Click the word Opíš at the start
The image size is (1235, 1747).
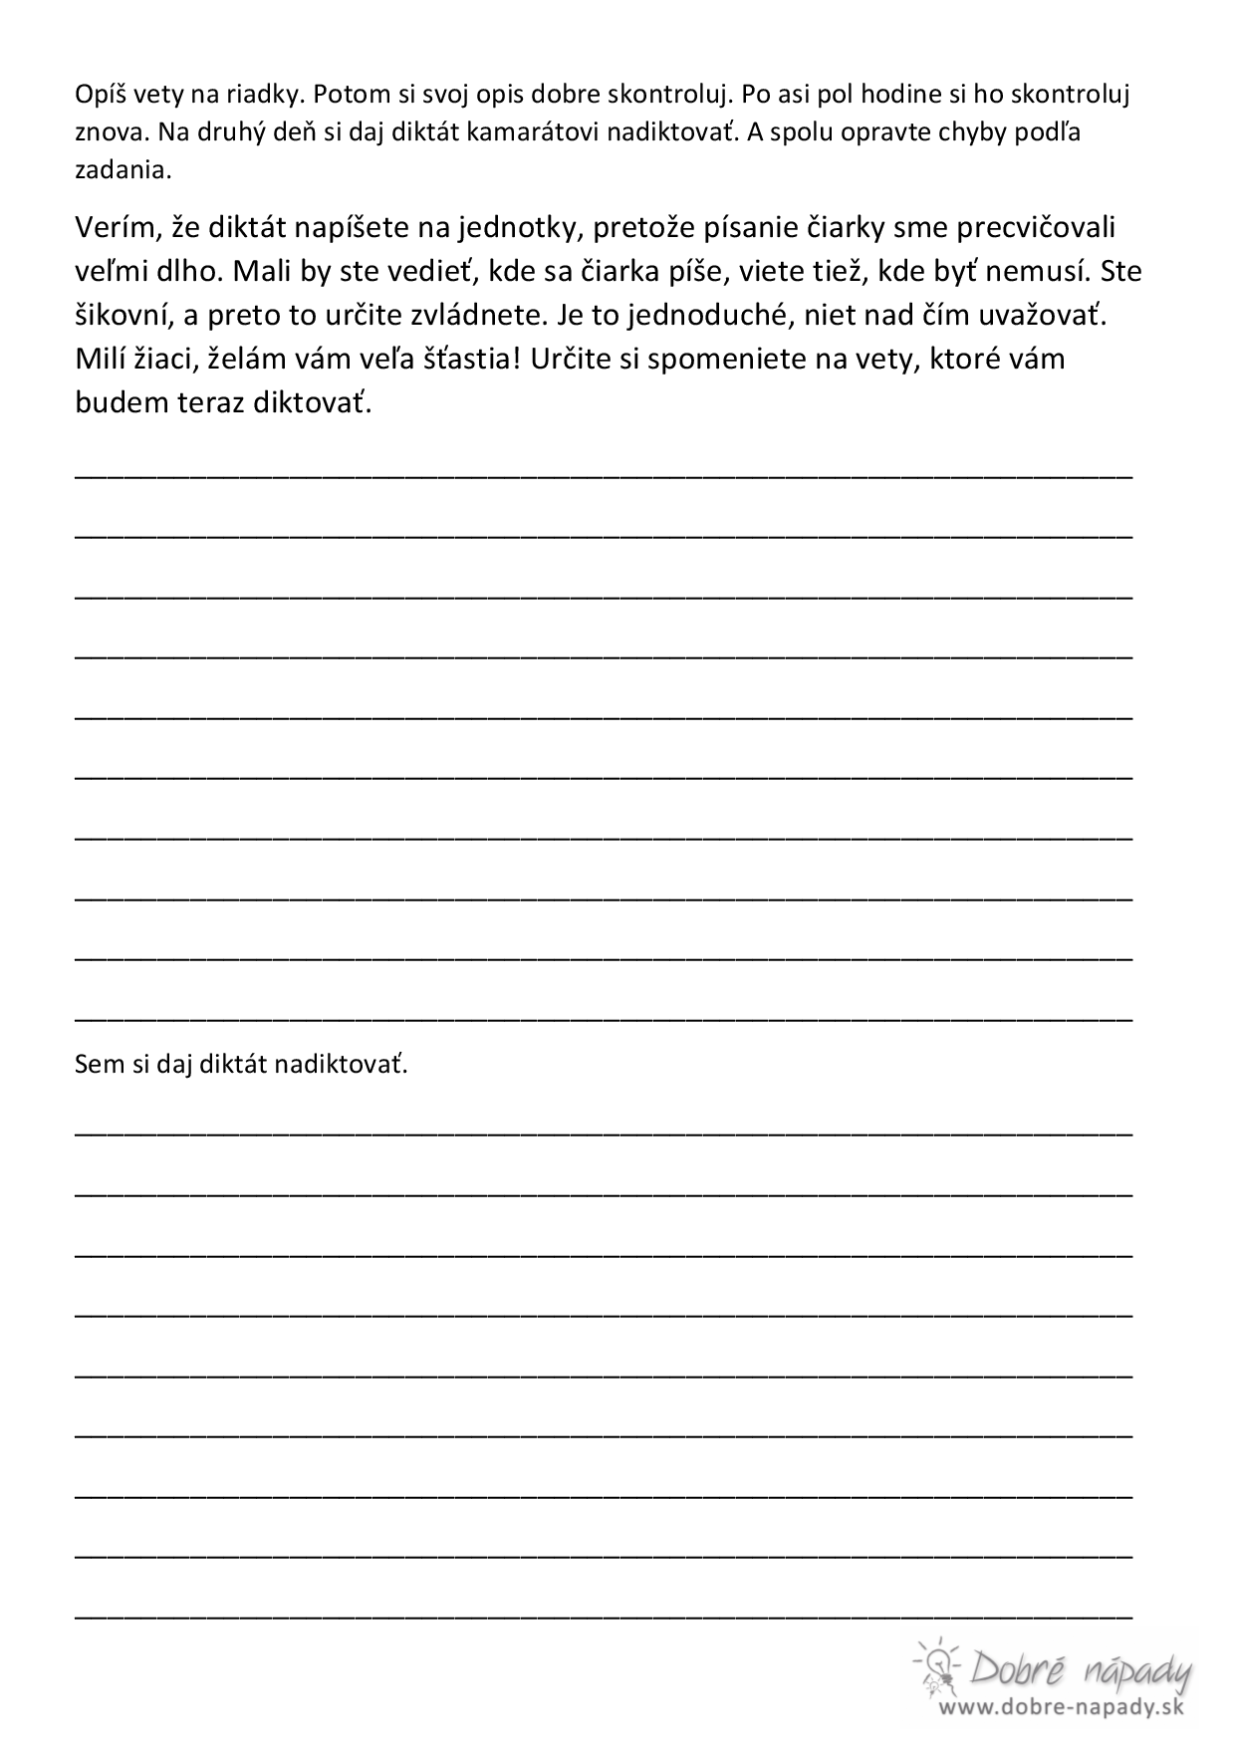click(x=97, y=96)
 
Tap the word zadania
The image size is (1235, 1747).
click(x=123, y=170)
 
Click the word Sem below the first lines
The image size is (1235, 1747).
click(x=93, y=1065)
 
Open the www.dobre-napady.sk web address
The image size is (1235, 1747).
click(x=1060, y=1707)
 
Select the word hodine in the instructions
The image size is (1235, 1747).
click(x=894, y=96)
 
